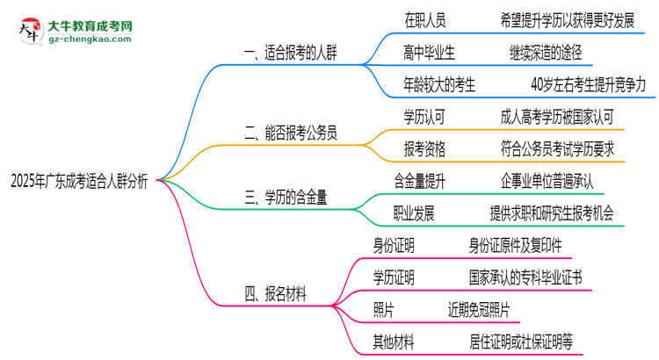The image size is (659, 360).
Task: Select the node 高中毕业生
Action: [x=430, y=53]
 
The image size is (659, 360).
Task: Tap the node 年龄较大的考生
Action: [x=440, y=85]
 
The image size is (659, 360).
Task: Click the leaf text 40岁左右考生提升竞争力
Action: [x=588, y=85]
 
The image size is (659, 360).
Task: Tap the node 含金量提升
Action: [x=421, y=181]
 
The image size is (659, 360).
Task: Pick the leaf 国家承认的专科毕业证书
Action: [x=525, y=277]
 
